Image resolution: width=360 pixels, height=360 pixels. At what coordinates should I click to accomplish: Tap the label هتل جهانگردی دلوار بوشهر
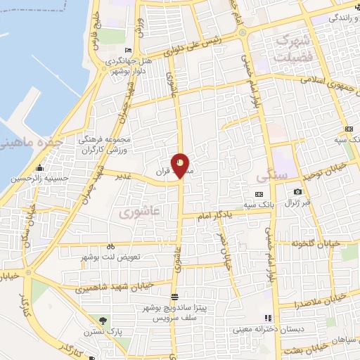[133, 65]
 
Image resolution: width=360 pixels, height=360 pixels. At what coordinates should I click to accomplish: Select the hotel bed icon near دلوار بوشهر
[127, 50]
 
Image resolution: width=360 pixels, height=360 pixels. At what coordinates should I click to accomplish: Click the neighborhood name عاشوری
[135, 210]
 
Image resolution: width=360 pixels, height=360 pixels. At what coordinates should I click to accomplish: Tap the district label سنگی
[269, 174]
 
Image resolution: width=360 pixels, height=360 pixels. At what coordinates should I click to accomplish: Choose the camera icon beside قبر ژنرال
[299, 192]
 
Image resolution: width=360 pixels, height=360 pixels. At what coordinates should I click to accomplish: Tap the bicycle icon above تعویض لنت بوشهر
[110, 247]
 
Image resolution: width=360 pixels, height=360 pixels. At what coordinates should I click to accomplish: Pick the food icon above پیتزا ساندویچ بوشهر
[174, 296]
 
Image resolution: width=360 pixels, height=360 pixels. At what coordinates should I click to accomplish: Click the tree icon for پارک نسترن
[104, 321]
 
